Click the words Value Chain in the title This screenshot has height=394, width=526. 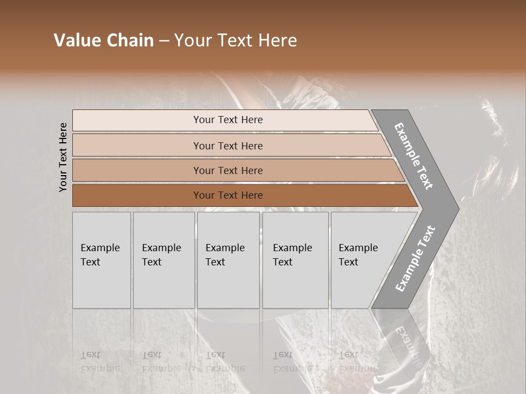(x=104, y=40)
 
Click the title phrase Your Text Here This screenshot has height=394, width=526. (x=236, y=40)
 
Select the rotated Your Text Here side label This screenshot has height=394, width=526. (x=63, y=158)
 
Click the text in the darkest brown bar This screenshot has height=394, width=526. (x=228, y=195)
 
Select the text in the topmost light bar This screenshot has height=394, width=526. (x=228, y=120)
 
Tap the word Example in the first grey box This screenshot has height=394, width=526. (x=100, y=248)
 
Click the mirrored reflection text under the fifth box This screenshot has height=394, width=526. (x=357, y=362)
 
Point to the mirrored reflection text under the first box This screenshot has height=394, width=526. (x=100, y=362)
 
